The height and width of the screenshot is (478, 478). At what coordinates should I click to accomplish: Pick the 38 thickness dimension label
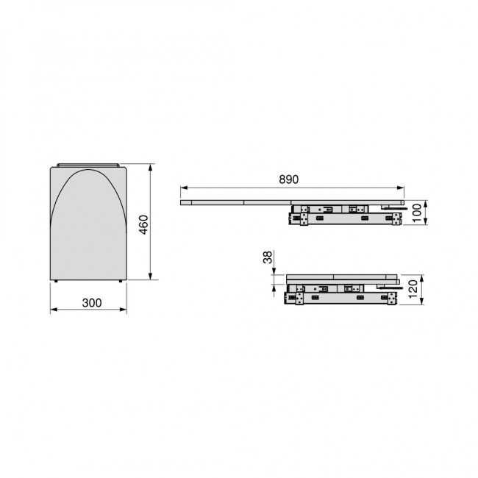click(268, 259)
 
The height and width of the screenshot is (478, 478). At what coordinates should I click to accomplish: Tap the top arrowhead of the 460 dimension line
click(151, 168)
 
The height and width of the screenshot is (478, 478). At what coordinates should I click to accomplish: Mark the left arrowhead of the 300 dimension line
click(51, 311)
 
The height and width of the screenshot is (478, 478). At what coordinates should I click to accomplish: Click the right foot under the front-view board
click(120, 282)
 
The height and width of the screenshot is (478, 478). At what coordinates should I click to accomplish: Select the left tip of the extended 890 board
click(182, 201)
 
